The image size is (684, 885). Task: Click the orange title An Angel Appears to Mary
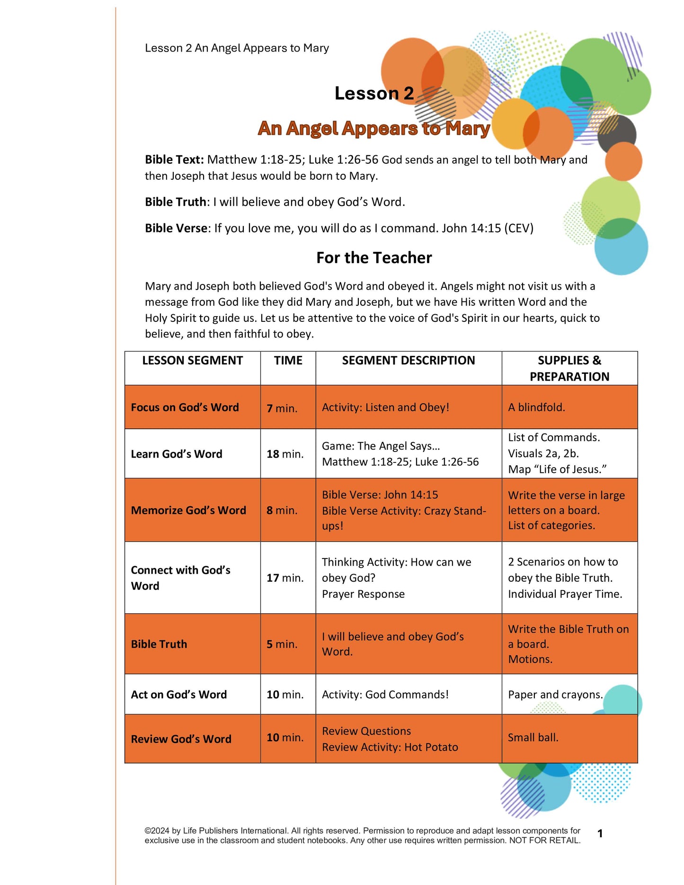click(374, 128)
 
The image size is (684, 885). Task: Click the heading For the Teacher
click(374, 258)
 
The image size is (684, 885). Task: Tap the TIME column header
click(288, 361)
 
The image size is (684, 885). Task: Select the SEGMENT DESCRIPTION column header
click(408, 361)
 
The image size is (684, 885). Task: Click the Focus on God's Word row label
click(185, 407)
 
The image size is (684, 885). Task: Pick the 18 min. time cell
click(285, 454)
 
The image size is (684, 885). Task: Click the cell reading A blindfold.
click(536, 407)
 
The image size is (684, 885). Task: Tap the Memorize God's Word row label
click(188, 510)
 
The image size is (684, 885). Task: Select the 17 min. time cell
click(285, 578)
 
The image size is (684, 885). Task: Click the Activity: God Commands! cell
click(385, 694)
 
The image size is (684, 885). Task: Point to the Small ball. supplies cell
click(533, 737)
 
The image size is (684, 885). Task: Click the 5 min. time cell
click(282, 644)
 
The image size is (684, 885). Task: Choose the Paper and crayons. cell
click(555, 694)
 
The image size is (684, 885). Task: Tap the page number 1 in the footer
click(600, 833)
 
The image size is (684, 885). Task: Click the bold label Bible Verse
click(176, 228)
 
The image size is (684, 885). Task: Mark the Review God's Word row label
click(181, 739)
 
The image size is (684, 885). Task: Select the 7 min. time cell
click(282, 408)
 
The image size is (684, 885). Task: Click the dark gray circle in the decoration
click(617, 133)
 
